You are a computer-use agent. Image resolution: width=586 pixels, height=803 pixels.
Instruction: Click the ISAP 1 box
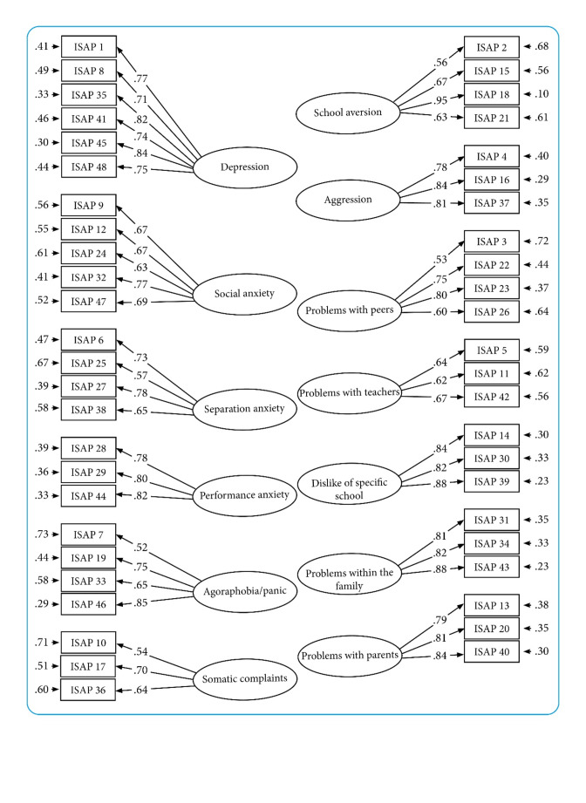[89, 46]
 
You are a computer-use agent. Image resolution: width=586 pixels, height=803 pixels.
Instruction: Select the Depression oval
[245, 167]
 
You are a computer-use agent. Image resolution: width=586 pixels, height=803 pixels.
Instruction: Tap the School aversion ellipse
[348, 112]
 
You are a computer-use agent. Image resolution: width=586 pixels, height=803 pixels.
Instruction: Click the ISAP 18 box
[492, 94]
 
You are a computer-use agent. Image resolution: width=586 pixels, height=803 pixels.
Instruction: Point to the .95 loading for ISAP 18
[440, 100]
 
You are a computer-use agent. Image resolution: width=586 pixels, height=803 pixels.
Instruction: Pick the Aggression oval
[348, 200]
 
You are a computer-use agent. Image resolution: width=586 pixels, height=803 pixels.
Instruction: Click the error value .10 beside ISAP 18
[542, 93]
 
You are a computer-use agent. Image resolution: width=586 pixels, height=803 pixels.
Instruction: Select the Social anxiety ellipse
[245, 294]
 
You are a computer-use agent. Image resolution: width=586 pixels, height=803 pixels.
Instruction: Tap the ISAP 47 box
[89, 301]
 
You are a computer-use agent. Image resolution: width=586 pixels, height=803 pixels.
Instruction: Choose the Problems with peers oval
[350, 310]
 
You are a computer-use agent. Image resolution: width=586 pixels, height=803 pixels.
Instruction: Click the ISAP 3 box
[492, 242]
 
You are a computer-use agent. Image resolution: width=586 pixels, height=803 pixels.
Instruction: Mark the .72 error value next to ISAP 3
[542, 241]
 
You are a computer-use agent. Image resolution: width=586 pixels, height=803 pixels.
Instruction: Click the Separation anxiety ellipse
[244, 409]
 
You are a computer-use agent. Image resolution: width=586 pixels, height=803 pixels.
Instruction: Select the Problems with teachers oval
[350, 393]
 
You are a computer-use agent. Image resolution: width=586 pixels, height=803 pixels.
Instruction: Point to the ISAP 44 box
[88, 496]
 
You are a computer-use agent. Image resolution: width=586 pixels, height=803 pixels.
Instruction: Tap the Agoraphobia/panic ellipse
[245, 591]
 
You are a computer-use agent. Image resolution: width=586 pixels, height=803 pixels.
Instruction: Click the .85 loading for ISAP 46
[140, 602]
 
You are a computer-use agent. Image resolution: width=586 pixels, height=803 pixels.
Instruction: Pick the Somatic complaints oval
[245, 679]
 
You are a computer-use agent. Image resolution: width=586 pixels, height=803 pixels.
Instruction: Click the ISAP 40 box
[492, 651]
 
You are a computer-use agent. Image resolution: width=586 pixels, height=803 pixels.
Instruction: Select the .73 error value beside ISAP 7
[42, 534]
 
